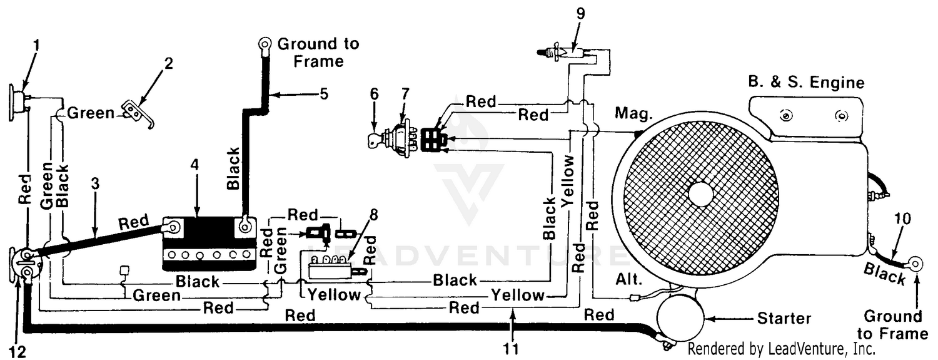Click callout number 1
point(36,46)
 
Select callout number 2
point(168,64)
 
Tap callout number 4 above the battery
point(194,165)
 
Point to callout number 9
point(580,14)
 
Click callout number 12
point(17,352)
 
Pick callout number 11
point(510,349)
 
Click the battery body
point(209,244)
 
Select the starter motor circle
point(680,318)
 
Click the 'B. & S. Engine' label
point(806,82)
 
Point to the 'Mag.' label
point(633,113)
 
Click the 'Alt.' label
point(628,279)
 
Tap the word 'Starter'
point(784,319)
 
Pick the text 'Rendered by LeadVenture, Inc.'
point(782,349)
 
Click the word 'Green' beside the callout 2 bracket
point(91,113)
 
